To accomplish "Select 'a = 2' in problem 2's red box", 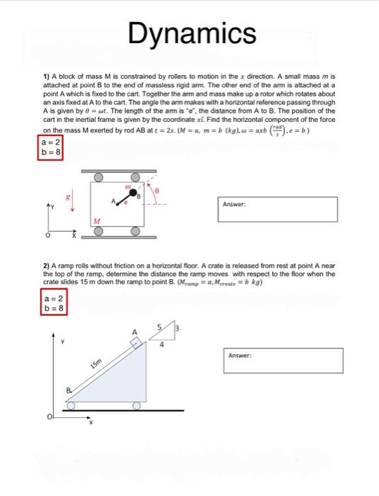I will [51, 299].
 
